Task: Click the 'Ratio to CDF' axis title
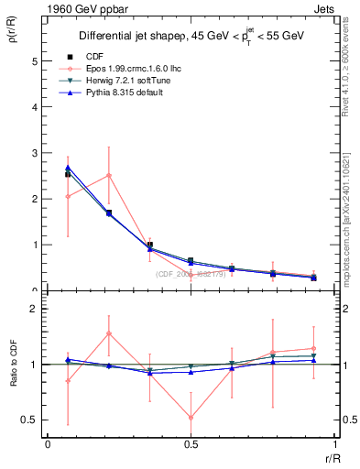click(14, 376)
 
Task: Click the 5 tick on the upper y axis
click(37, 61)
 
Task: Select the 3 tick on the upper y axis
click(37, 153)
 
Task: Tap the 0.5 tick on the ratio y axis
click(32, 420)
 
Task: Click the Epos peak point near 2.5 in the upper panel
click(109, 175)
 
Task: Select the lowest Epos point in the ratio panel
click(191, 418)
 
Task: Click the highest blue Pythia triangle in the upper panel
click(68, 168)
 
